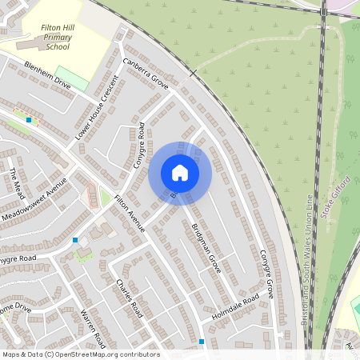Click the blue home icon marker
click(x=180, y=173)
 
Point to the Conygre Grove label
click(x=266, y=273)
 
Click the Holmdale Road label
click(x=235, y=308)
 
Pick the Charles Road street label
click(x=128, y=298)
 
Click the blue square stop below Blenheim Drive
click(x=29, y=119)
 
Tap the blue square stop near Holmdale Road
click(x=202, y=342)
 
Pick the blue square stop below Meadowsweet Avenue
click(x=76, y=240)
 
